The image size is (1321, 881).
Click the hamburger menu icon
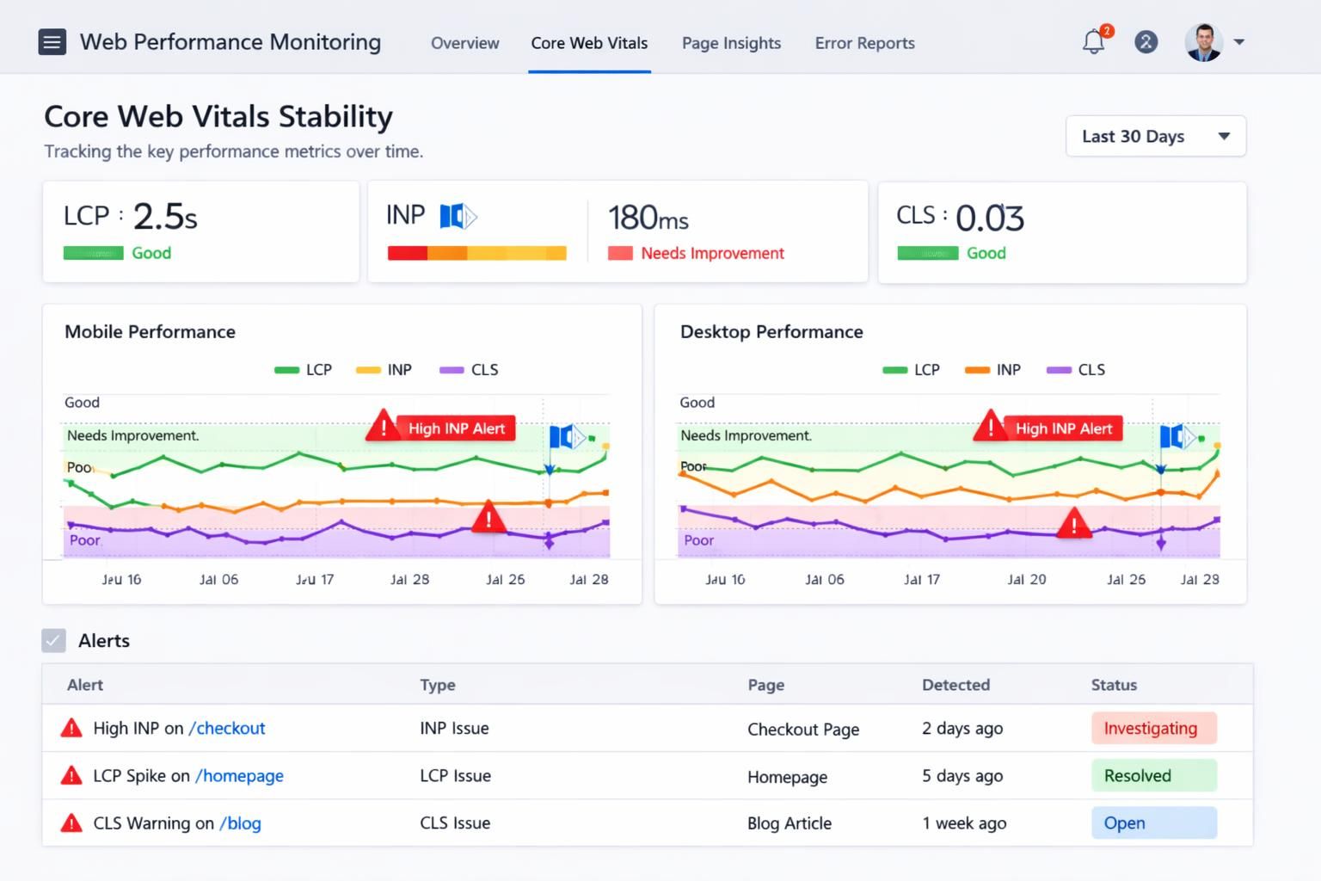(52, 41)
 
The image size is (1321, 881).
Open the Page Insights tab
(731, 43)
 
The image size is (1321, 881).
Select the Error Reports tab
(864, 43)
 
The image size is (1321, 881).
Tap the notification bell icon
(1093, 41)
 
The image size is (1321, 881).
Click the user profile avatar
(1203, 41)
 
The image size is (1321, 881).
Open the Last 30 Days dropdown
(1155, 136)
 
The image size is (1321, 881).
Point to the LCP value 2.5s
(165, 216)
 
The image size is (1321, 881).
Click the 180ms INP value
(648, 218)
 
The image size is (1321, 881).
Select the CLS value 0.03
(989, 218)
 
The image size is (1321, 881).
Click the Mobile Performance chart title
(150, 331)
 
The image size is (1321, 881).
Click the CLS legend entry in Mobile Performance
(470, 369)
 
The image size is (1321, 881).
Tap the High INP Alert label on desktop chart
(1063, 428)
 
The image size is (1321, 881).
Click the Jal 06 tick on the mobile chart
(218, 579)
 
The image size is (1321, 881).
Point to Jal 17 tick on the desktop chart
(921, 579)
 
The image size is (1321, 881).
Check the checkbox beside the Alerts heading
(53, 640)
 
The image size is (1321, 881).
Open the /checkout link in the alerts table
(227, 728)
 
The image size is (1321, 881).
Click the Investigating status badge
(1153, 728)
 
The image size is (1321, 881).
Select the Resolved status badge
(1153, 775)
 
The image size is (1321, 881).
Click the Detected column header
(955, 685)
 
